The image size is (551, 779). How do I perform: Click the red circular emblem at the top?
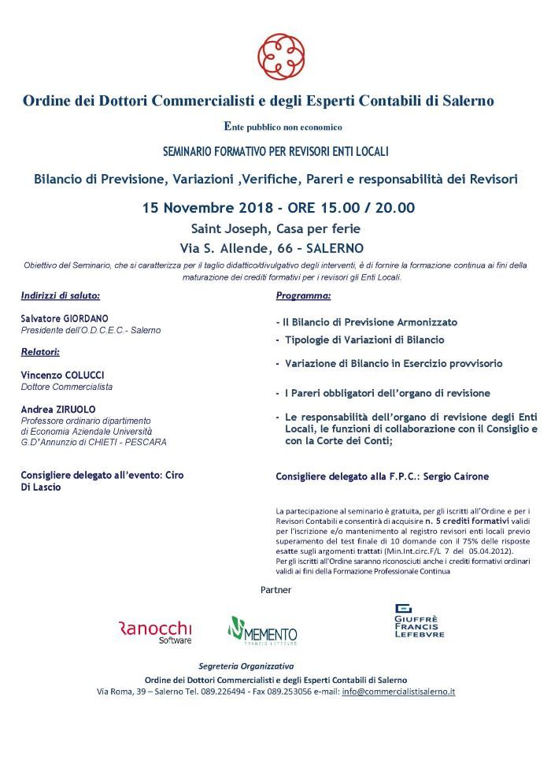(281, 53)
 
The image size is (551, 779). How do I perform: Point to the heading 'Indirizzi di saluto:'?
(61, 296)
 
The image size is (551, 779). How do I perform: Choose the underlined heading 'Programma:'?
(303, 296)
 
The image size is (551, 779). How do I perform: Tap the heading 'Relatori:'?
(41, 351)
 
